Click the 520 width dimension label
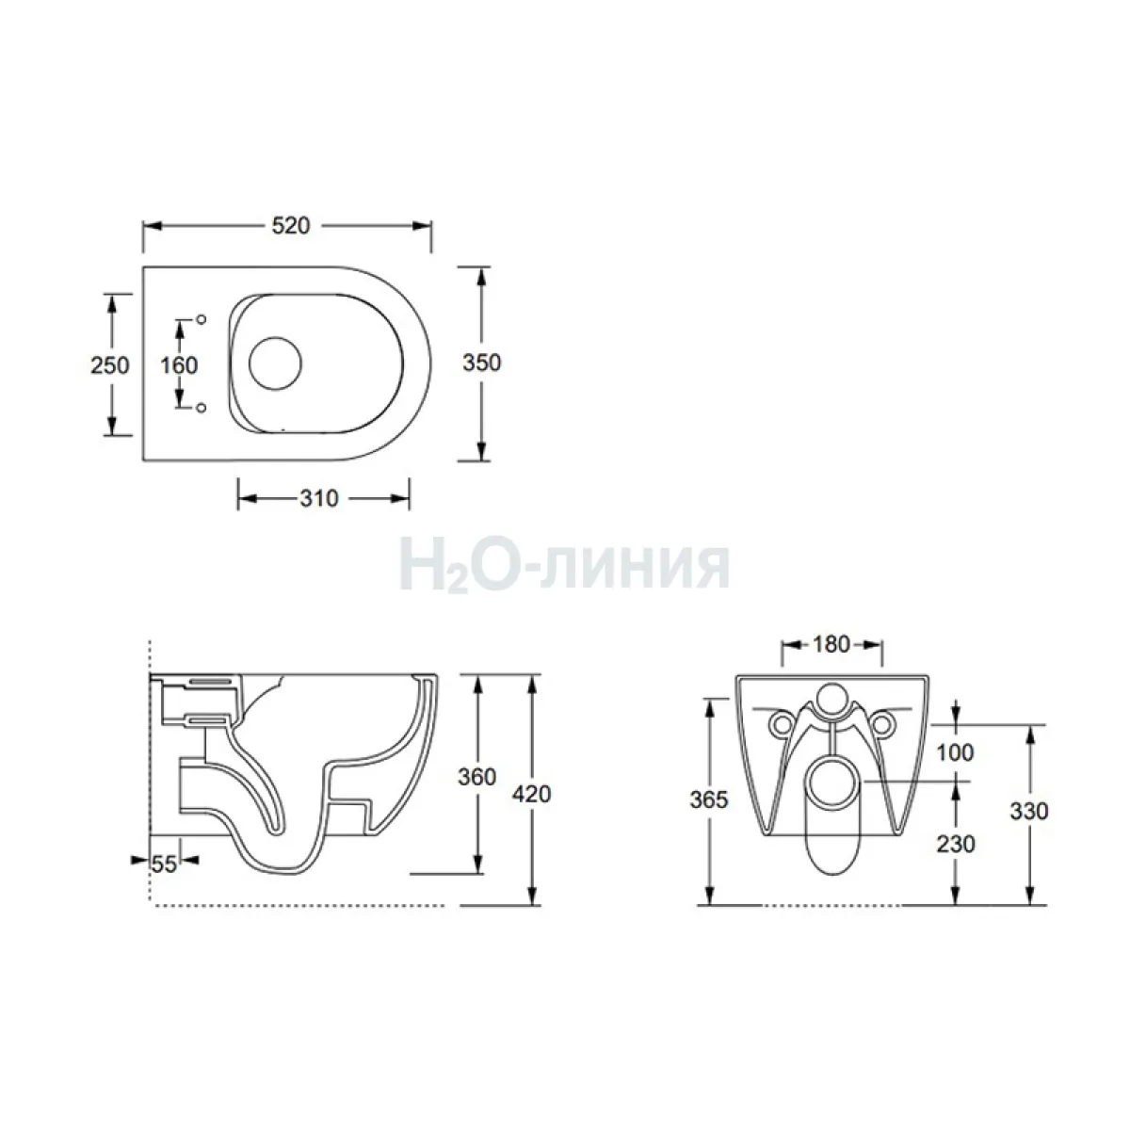[x=290, y=226]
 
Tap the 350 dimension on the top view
[x=481, y=363]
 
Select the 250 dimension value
[x=109, y=365]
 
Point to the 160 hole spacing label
[x=179, y=365]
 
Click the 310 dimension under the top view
[x=319, y=498]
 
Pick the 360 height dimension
[x=476, y=777]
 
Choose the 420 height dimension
[x=531, y=794]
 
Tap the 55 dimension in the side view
[x=164, y=864]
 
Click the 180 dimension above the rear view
[x=831, y=644]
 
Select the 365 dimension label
[x=708, y=799]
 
